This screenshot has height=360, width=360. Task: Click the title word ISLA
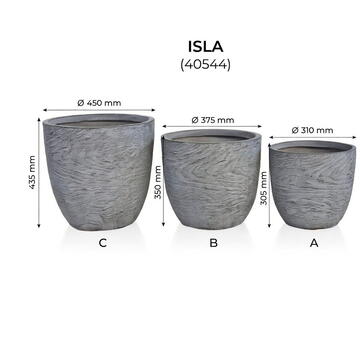208,47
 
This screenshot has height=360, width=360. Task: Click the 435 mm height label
32,171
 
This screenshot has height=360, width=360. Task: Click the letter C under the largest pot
102,243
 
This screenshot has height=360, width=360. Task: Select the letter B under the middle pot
213,243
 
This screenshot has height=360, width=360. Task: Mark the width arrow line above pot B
212,129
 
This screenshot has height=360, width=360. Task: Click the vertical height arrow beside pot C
41,171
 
